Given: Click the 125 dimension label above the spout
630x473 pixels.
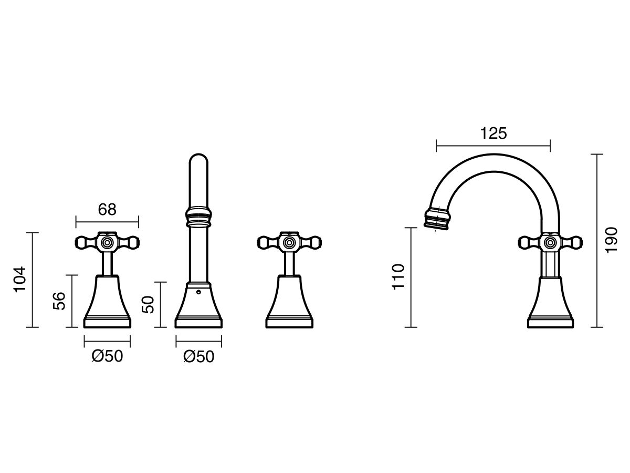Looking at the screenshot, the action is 493,134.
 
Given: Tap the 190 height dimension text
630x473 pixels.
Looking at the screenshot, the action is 611,240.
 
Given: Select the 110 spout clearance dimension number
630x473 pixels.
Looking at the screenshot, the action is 398,277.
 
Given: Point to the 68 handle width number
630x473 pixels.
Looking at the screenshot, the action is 107,210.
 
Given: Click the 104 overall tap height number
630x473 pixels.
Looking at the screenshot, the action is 20,280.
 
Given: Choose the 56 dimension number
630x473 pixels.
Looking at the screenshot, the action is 59,301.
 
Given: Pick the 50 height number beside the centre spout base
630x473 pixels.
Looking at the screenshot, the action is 148,305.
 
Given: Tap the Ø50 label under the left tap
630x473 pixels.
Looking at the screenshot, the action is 107,356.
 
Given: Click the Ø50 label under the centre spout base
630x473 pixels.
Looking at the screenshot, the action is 198,357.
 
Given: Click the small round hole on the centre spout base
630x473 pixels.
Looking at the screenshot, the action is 198,292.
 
